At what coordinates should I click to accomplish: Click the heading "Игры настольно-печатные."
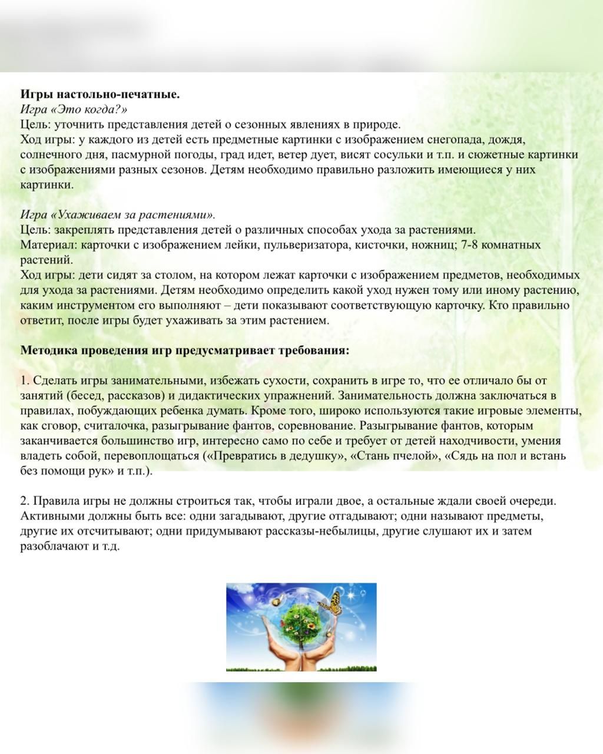tap(100, 94)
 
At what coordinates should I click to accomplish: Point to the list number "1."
tap(25, 381)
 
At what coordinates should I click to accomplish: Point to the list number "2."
tap(25, 501)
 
